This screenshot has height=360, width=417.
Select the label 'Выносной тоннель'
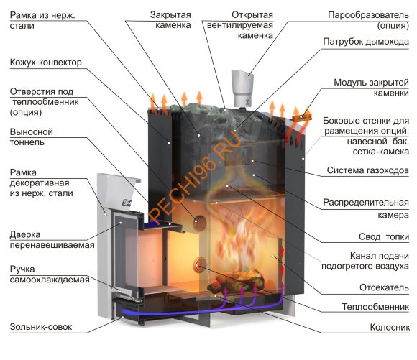(28, 137)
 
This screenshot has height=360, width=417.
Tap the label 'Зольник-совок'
(41, 327)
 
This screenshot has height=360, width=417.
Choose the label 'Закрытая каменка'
(171, 19)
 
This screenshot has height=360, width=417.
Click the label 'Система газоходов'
(368, 170)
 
